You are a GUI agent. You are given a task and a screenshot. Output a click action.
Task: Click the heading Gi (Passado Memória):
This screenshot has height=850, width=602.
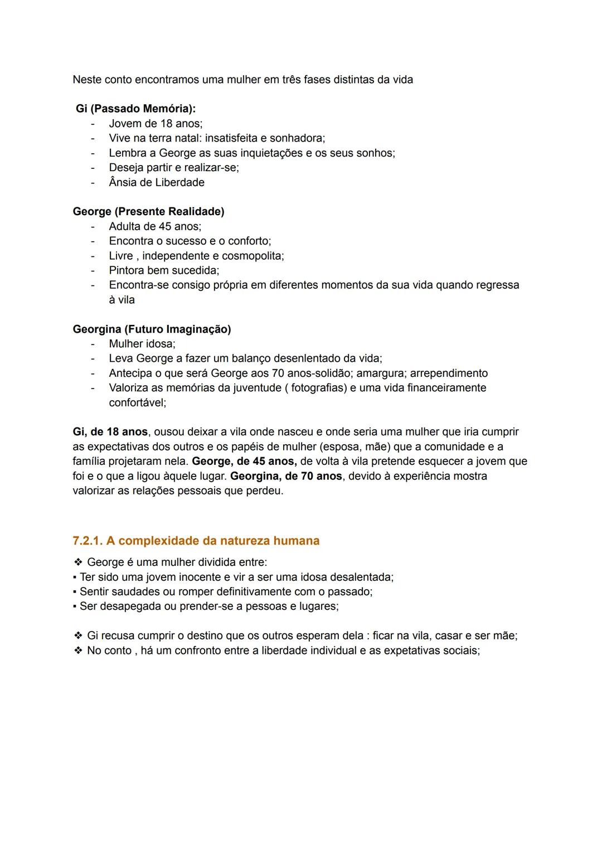(x=135, y=109)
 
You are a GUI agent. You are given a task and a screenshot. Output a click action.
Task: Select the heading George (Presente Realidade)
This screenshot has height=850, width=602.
(x=148, y=212)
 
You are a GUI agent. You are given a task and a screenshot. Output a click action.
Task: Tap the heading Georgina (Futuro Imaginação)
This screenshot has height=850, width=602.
(x=152, y=329)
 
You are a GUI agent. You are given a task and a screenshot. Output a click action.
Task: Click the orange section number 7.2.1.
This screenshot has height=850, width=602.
(x=88, y=541)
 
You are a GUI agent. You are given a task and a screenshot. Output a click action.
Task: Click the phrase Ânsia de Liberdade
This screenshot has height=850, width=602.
(x=157, y=183)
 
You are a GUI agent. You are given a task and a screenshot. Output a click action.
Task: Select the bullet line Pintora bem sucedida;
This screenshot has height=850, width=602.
(x=164, y=270)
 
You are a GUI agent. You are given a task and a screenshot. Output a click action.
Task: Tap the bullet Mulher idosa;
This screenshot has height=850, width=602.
(x=142, y=344)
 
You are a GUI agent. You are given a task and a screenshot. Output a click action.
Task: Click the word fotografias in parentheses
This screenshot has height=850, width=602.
(x=318, y=388)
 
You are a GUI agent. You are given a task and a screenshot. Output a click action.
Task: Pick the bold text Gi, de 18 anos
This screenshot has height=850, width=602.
(x=110, y=432)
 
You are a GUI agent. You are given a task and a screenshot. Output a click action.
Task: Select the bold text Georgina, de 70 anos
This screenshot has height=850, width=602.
(x=286, y=476)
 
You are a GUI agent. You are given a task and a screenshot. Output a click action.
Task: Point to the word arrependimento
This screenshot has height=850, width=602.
(x=449, y=373)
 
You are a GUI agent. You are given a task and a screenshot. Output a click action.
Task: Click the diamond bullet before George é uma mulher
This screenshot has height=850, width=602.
(x=78, y=562)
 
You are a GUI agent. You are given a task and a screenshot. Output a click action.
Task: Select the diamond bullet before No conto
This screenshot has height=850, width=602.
(x=78, y=650)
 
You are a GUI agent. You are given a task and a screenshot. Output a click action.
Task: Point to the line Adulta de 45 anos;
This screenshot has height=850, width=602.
(x=155, y=227)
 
